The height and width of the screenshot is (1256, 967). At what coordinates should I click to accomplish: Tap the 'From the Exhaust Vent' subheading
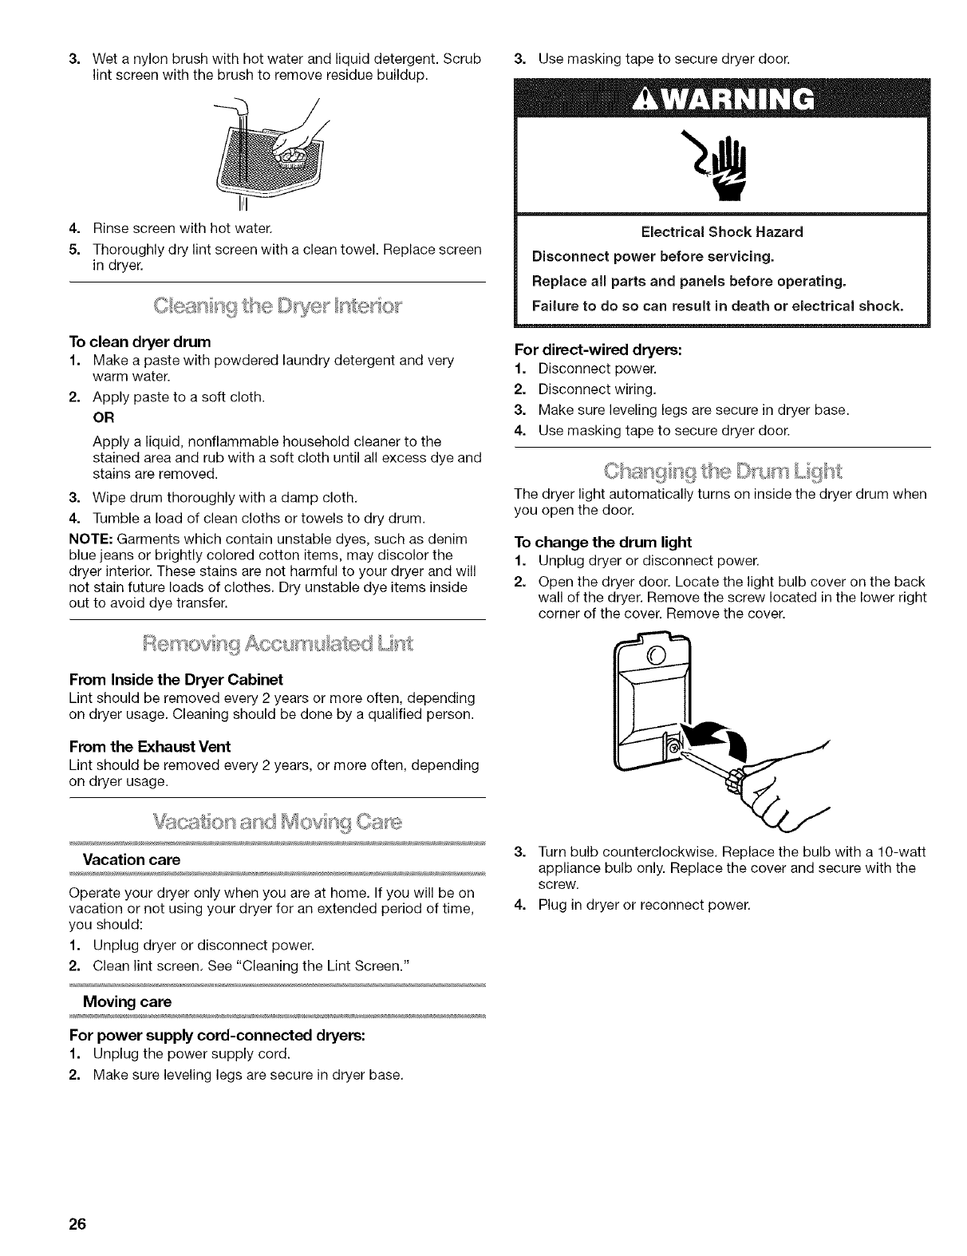tap(150, 746)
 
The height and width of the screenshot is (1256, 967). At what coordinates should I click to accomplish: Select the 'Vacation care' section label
tap(132, 859)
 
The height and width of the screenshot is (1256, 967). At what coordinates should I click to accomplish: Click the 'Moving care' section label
tap(128, 1001)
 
